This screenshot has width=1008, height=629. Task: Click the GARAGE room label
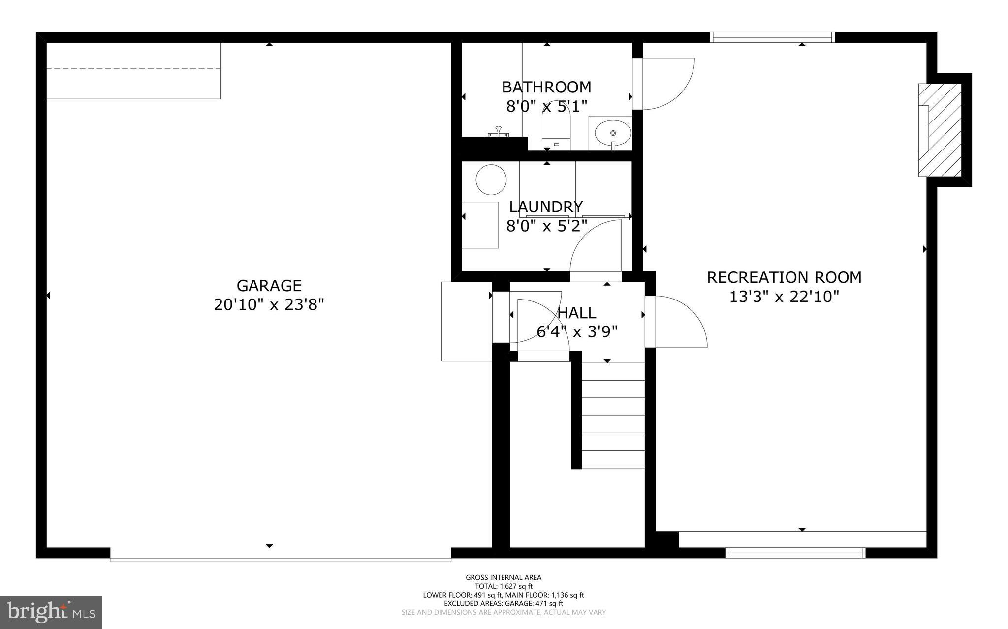269,286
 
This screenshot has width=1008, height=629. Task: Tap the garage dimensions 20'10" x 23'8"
269,305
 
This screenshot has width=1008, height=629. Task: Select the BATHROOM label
546,87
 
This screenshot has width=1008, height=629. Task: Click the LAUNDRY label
546,207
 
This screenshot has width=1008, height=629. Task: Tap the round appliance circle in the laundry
491,180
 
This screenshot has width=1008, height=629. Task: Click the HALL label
576,313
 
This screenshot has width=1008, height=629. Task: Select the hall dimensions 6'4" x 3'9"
576,332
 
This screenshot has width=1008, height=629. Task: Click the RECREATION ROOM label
784,277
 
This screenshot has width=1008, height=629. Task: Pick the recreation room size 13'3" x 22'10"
784,297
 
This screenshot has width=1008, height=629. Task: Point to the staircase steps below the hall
613,416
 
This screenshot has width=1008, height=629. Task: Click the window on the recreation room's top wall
772,37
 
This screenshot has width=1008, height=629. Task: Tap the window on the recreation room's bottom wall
795,553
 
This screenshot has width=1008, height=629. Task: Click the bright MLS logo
51,612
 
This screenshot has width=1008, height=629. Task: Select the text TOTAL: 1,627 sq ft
504,586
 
